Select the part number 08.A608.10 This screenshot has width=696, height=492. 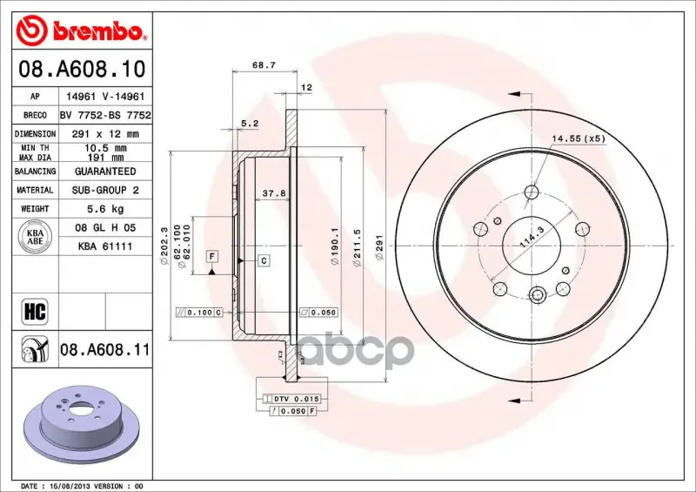click(82, 69)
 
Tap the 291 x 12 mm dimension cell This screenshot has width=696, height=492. click(105, 134)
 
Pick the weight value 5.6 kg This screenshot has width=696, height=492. click(105, 208)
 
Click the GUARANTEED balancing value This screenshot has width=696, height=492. click(105, 171)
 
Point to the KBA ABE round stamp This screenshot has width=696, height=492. click(35, 237)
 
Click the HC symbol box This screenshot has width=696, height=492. click(35, 311)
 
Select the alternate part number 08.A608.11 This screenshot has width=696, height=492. click(104, 350)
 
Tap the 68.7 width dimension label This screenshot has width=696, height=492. click(264, 65)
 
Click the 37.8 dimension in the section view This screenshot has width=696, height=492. click(274, 193)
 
